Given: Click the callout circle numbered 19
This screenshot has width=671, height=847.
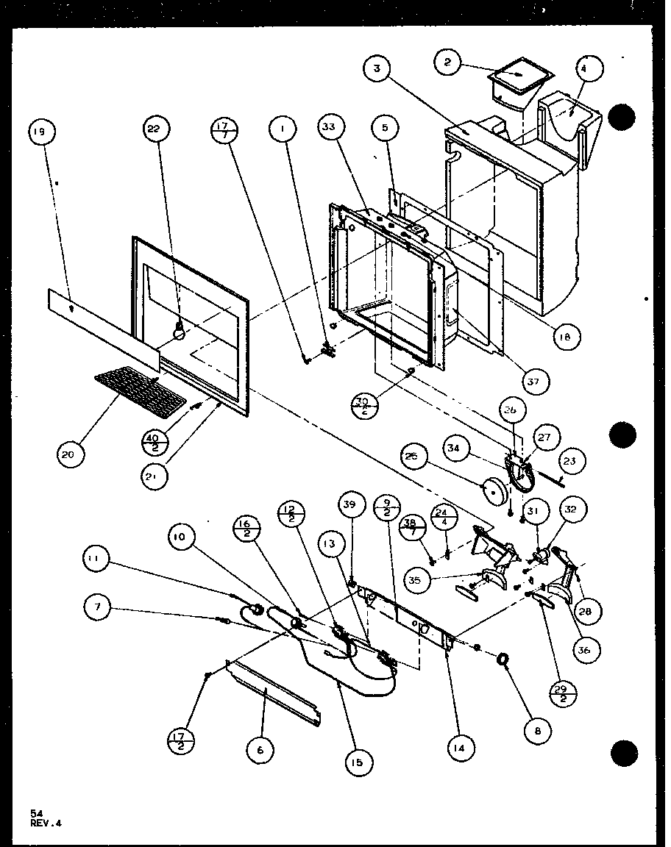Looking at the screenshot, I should pyautogui.click(x=40, y=132).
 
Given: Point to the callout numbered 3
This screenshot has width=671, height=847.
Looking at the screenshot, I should pyautogui.click(x=377, y=70).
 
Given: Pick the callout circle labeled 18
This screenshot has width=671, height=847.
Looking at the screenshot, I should pyautogui.click(x=567, y=337).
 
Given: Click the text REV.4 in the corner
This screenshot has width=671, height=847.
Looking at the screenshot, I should pyautogui.click(x=46, y=823).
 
